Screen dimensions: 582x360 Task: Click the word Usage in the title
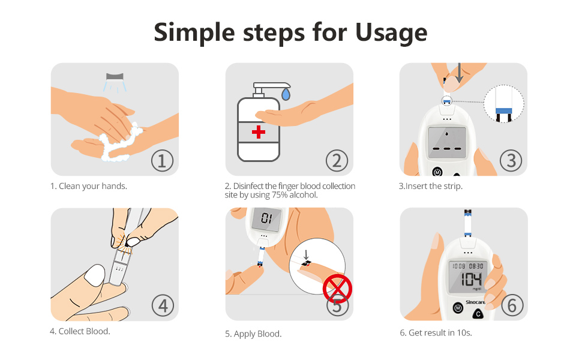391,33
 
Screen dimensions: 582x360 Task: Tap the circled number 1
162,161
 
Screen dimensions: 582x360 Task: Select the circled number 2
337,161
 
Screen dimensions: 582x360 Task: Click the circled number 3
511,161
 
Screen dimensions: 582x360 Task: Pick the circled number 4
163,305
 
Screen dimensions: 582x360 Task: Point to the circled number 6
512,305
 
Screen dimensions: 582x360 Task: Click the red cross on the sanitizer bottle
259,132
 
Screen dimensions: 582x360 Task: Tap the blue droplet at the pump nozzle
286,94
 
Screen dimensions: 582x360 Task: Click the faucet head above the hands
115,76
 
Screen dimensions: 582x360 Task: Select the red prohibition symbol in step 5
337,289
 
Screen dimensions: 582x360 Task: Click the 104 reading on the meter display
471,279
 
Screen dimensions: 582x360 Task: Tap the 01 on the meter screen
266,218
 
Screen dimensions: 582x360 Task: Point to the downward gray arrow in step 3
459,73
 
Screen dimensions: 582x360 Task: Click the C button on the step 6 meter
478,314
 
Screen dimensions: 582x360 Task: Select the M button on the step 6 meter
458,308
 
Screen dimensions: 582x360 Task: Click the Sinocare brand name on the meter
475,302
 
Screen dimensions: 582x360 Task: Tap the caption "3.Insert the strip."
431,186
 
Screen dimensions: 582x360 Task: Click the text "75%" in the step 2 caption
280,195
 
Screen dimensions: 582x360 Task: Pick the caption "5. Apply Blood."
253,334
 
